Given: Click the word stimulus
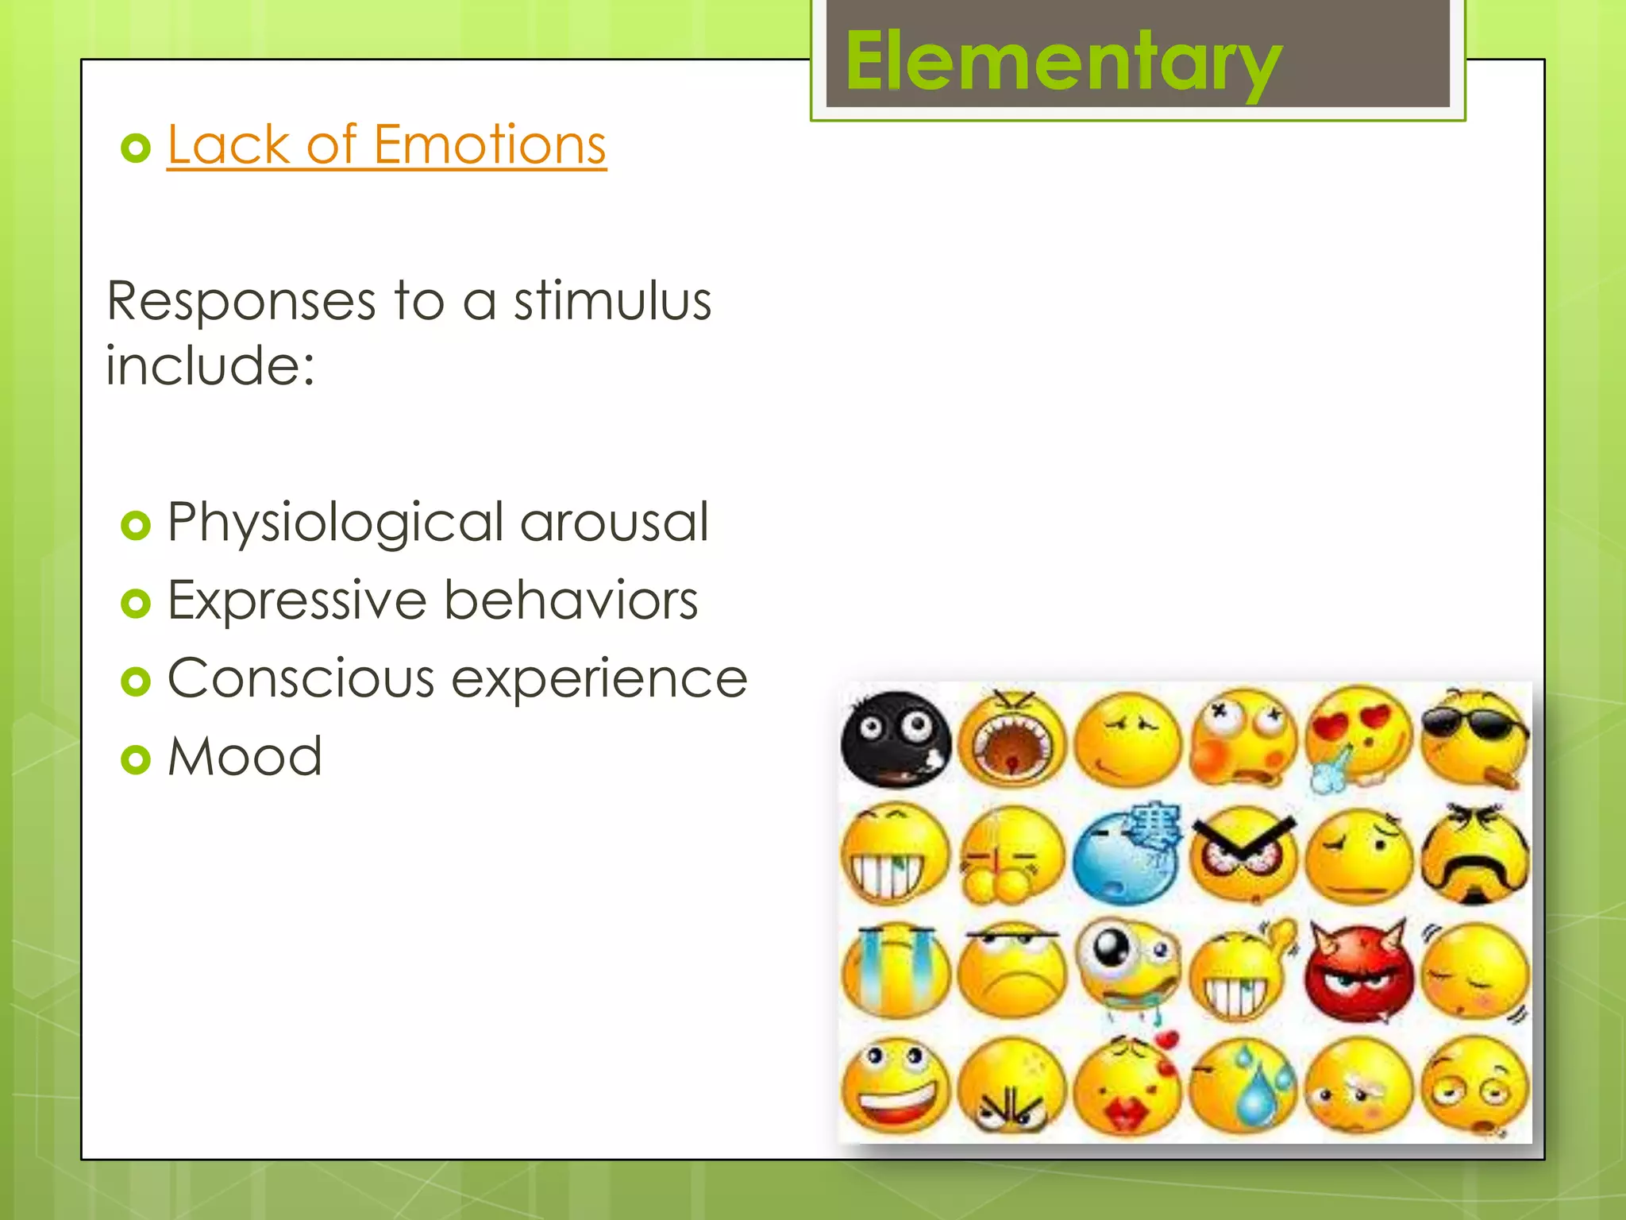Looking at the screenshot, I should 612,302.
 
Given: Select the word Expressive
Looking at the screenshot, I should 297,600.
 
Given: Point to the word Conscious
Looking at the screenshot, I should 301,678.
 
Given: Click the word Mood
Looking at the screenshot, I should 245,756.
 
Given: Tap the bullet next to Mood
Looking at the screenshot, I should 136,759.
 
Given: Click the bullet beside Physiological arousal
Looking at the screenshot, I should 136,525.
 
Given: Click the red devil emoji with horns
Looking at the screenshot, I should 1359,971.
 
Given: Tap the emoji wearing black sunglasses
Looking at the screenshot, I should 1474,737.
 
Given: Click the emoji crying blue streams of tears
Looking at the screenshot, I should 896,971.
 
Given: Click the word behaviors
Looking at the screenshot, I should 571,600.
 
